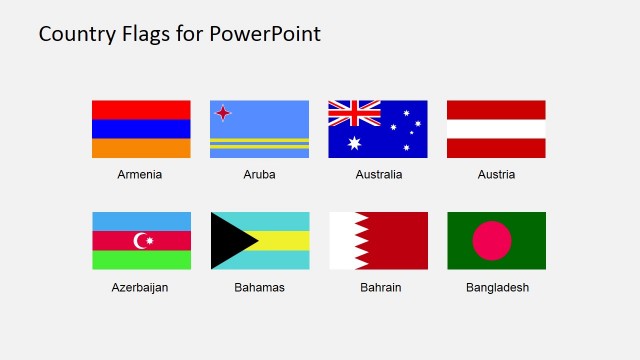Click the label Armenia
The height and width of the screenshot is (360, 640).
(x=139, y=174)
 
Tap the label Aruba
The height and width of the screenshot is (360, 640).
(x=259, y=174)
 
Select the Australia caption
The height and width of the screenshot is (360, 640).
(x=378, y=174)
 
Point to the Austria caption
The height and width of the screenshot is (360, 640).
(x=496, y=174)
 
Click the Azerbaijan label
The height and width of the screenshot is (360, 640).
(x=140, y=287)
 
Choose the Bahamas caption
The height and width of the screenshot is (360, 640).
(x=259, y=287)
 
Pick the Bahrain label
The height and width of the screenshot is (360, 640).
(x=378, y=287)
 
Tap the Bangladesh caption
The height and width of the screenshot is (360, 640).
(x=497, y=287)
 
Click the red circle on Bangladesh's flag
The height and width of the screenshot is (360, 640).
(x=491, y=240)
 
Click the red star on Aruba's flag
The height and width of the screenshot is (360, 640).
(x=223, y=111)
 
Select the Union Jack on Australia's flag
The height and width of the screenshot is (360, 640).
(x=354, y=114)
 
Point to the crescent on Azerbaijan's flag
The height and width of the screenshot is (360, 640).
(x=140, y=240)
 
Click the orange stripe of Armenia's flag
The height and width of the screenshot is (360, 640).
(x=141, y=148)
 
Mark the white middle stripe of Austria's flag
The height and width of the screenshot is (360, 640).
(x=496, y=129)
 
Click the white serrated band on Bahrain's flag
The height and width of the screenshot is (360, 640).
(x=341, y=240)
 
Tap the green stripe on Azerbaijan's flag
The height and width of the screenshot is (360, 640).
(x=141, y=260)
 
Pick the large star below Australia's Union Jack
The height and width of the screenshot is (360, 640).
(x=353, y=143)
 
